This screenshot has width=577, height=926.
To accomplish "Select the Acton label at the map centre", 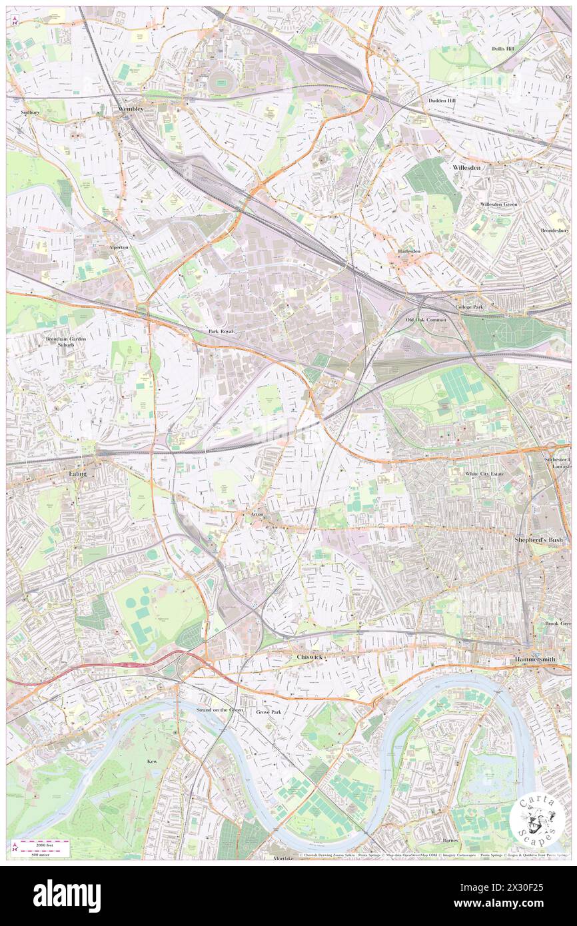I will [x=259, y=515].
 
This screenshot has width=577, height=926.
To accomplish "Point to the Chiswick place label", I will [x=309, y=657].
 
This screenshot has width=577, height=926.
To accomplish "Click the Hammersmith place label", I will [x=536, y=659].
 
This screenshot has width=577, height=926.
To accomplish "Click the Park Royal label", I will [x=221, y=331].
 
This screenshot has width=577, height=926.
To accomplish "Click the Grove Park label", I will [x=269, y=711].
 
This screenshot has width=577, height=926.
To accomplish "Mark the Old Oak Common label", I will [x=426, y=320].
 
